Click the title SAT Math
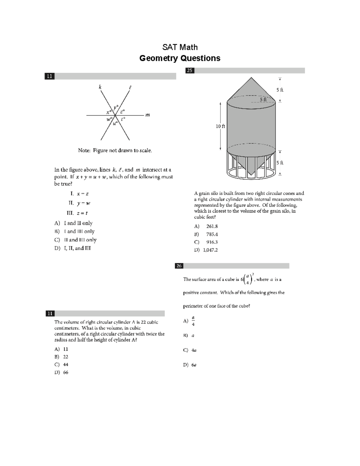point(180,47)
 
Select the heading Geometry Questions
point(180,58)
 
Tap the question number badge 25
point(190,71)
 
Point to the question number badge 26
point(179,266)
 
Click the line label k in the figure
point(100,87)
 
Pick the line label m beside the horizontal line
point(147,115)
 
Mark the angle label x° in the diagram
point(109,112)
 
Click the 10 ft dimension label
point(220,126)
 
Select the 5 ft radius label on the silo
point(263,99)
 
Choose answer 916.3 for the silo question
point(212,242)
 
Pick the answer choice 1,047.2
point(210,250)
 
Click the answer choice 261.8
point(212,227)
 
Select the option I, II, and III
point(77,248)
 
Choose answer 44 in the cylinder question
point(66,365)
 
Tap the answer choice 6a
point(194,365)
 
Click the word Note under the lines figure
point(84,150)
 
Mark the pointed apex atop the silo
point(251,78)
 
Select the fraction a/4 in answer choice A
point(193,321)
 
